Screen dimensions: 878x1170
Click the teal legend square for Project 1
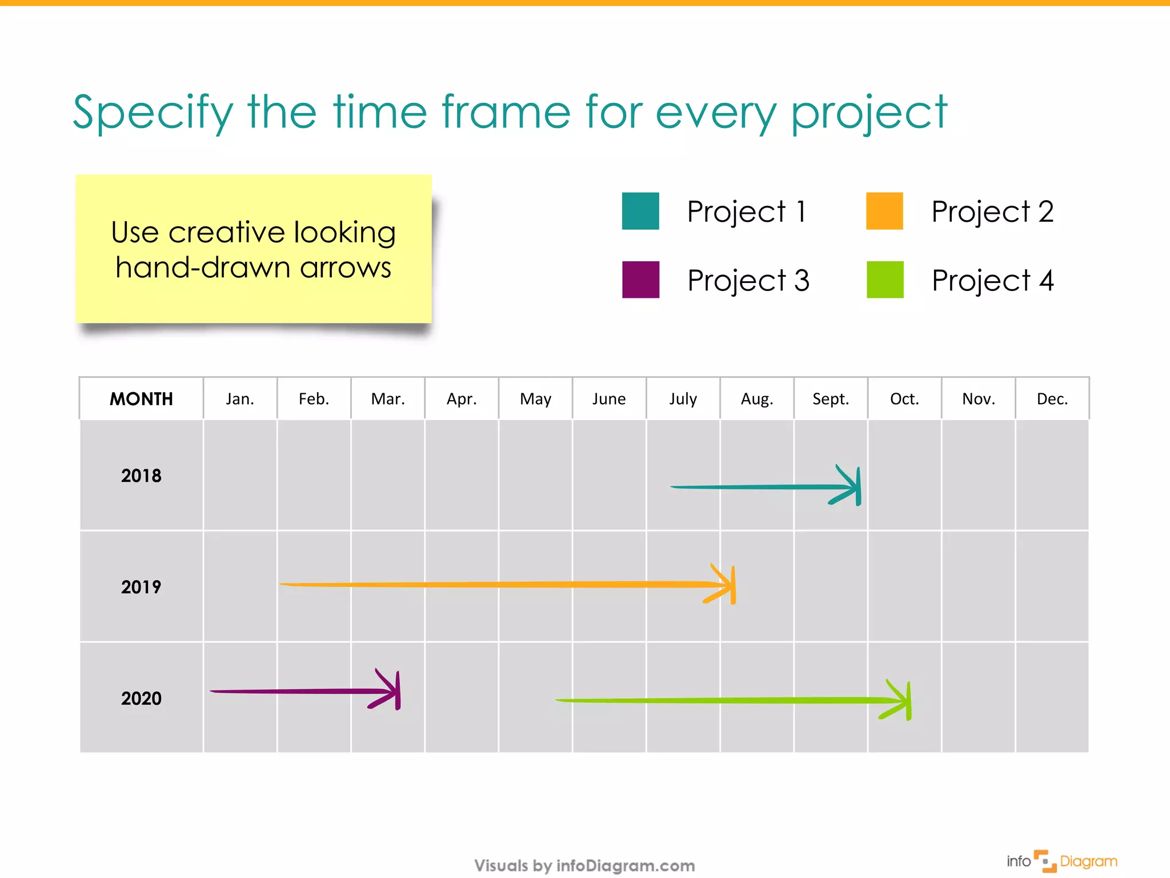(x=640, y=211)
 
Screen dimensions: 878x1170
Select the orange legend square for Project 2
(x=884, y=211)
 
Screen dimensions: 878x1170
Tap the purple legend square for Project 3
(x=640, y=280)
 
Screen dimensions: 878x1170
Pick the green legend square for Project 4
(x=884, y=280)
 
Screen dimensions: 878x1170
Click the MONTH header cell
(x=141, y=398)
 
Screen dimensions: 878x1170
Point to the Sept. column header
(x=830, y=398)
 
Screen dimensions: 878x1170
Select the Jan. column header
(x=239, y=398)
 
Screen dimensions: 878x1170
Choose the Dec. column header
(x=1052, y=398)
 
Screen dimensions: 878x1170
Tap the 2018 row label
(x=141, y=476)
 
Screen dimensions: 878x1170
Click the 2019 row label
(x=141, y=586)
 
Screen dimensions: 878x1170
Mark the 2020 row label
(x=141, y=698)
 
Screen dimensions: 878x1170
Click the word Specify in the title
(x=153, y=113)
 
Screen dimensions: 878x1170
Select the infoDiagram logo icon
(x=1045, y=861)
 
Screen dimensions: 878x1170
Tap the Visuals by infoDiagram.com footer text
(x=584, y=865)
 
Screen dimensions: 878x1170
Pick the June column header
(x=609, y=398)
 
